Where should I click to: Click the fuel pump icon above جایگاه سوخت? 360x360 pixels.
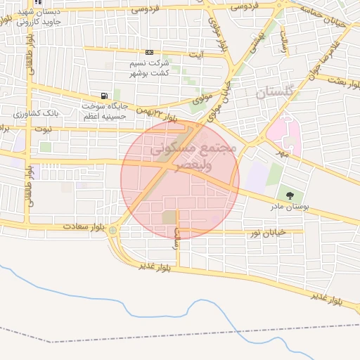click(105, 96)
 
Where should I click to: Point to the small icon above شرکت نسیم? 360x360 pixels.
click(149, 53)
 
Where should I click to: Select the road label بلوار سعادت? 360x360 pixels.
click(83, 227)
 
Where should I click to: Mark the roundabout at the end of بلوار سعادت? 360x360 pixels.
click(113, 230)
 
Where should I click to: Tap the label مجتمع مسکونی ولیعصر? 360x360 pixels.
click(181, 155)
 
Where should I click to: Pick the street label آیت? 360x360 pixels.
click(200, 54)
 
